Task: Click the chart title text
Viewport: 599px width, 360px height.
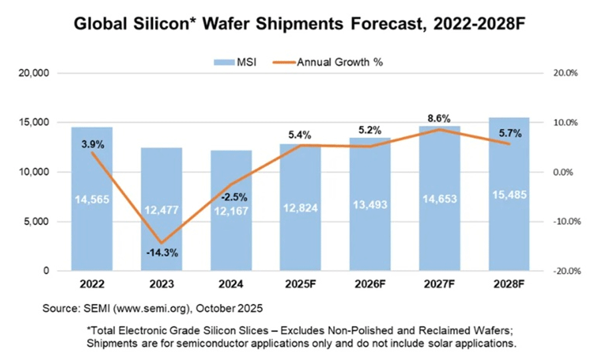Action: point(299,25)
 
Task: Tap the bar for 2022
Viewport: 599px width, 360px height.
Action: point(92,199)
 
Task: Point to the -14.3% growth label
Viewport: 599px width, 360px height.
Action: point(162,254)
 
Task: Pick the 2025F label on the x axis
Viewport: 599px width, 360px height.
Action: point(300,285)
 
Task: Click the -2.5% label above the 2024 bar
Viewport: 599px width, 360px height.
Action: point(231,197)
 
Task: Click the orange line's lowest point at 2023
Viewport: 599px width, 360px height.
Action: point(162,243)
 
